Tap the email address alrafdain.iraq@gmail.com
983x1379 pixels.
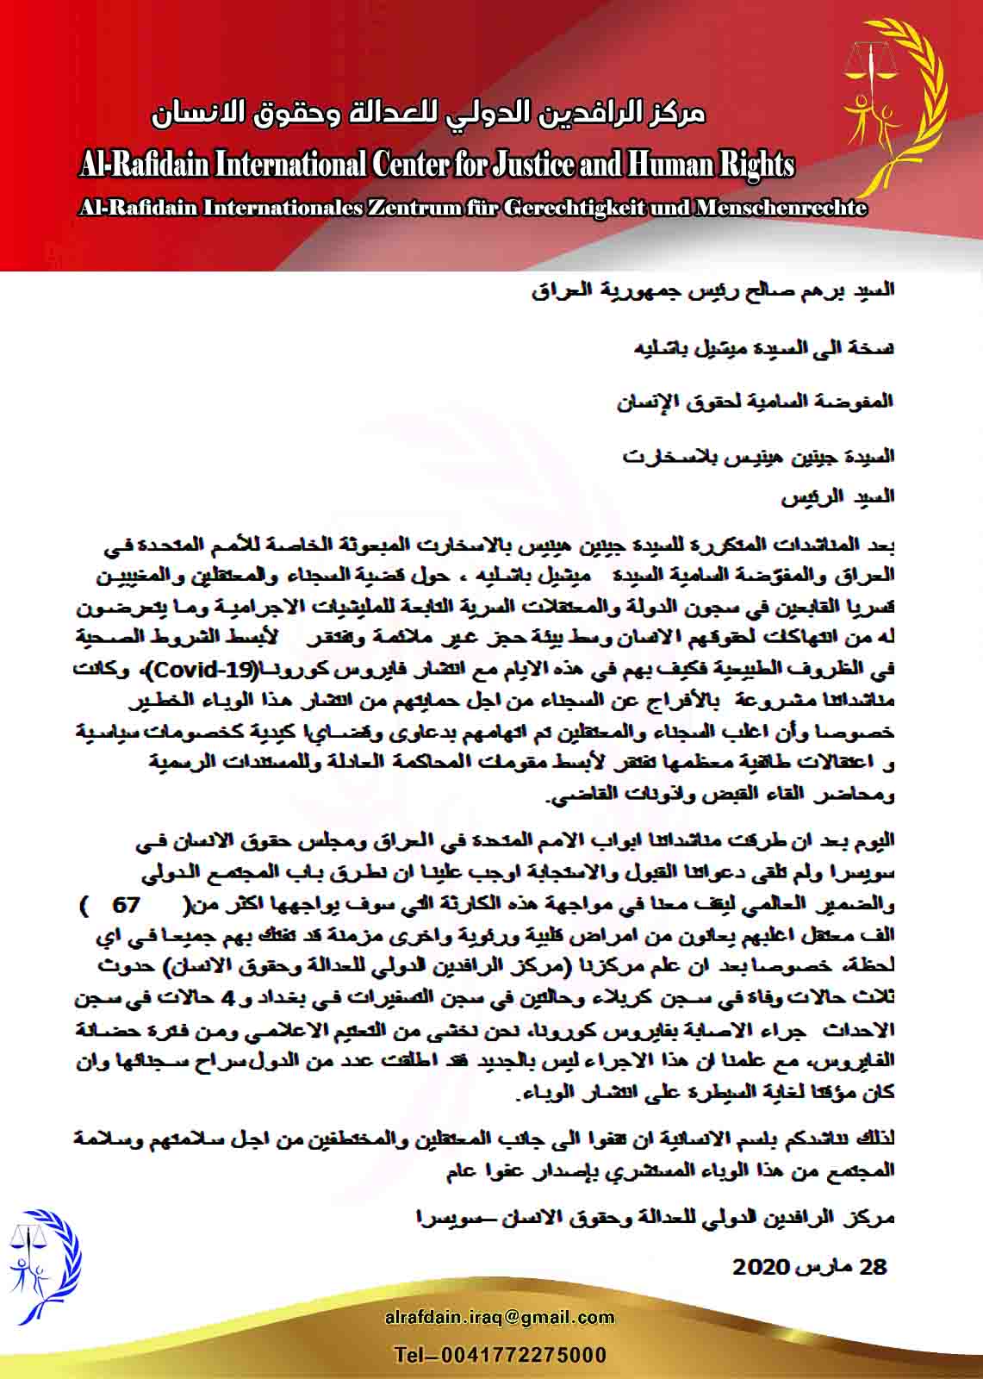500,1317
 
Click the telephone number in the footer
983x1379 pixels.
500,1356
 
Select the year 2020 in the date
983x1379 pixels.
761,1267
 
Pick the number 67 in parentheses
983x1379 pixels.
127,905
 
